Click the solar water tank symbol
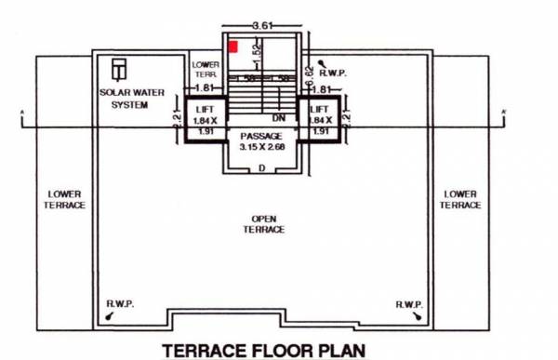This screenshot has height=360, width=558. pos(118,71)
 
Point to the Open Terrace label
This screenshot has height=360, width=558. pos(268,224)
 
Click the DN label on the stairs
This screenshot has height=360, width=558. pos(277,118)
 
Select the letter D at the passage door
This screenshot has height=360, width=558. pos(261,167)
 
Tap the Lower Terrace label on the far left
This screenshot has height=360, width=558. pos(64,200)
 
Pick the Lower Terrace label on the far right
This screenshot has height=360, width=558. pos(460,200)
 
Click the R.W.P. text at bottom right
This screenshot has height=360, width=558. pos(410,304)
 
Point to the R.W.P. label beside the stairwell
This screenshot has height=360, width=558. pos(332,71)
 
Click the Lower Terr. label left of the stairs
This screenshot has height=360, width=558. pos(205,69)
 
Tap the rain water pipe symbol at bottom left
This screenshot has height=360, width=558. pos(112,316)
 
